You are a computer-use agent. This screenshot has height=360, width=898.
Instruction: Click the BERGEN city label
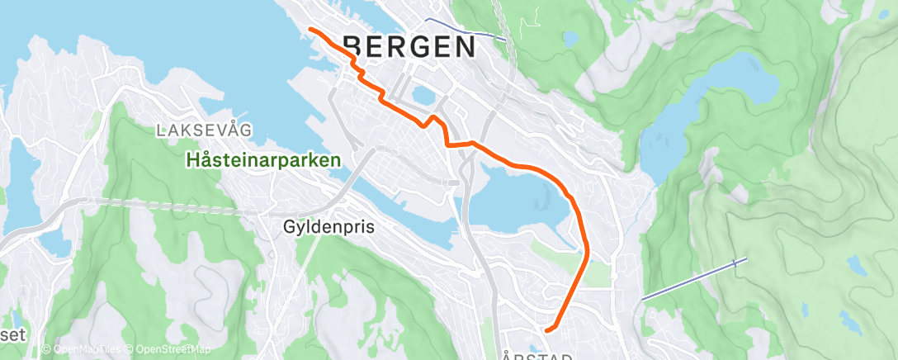[x=409, y=46]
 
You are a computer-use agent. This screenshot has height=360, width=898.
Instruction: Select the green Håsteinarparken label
[x=264, y=160]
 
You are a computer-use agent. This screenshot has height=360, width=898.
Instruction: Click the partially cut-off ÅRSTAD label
[x=536, y=356]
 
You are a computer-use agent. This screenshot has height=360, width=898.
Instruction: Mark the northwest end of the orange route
[x=310, y=29]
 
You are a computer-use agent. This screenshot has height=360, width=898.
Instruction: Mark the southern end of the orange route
[x=547, y=331]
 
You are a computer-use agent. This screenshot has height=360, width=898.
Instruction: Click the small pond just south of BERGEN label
[x=423, y=96]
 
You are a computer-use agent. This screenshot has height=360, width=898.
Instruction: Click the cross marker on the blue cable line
[x=735, y=263]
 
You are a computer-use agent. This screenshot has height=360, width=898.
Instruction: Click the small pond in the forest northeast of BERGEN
[x=570, y=38]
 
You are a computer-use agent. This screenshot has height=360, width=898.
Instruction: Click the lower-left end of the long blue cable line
[x=644, y=299]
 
